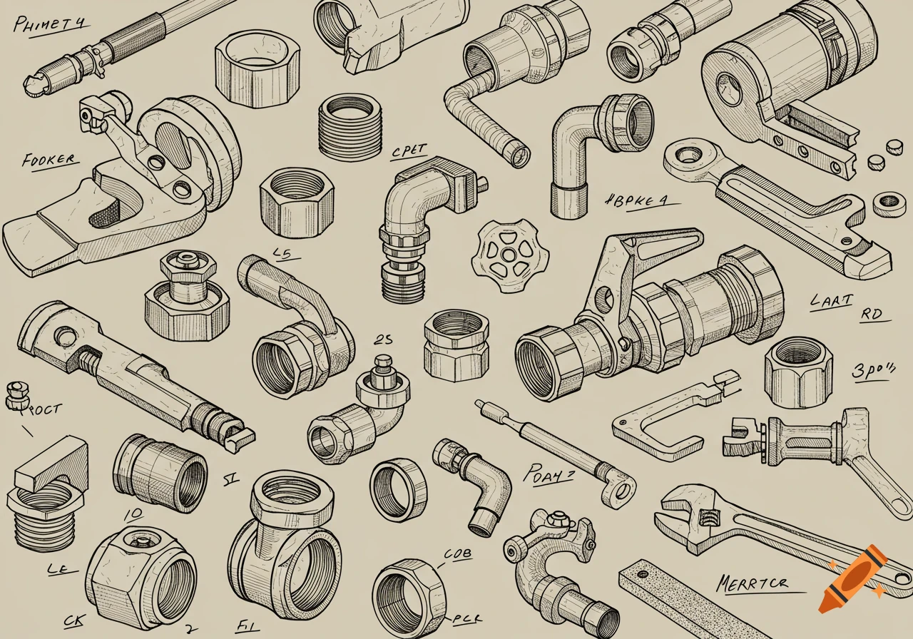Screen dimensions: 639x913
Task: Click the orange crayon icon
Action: [x=852, y=578]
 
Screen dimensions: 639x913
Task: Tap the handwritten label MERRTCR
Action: [x=753, y=583]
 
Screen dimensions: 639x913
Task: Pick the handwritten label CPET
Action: [x=409, y=151]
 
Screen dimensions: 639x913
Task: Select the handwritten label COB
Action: [x=458, y=553]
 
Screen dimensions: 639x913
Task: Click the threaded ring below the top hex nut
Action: [x=349, y=126]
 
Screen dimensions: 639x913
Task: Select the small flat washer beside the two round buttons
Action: [x=889, y=203]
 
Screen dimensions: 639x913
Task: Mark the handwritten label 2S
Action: [x=383, y=340]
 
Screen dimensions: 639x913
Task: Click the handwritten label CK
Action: [x=73, y=620]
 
